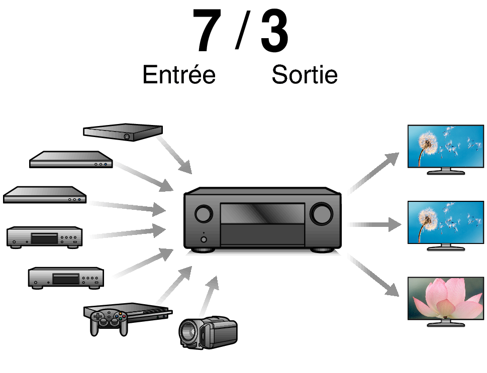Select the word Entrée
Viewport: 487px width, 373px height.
pos(179,75)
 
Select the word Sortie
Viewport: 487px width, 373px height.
pos(304,75)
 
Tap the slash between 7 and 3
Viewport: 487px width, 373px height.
pos(242,31)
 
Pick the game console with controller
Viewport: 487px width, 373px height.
pos(126,317)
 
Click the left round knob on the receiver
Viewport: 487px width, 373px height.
pos(203,214)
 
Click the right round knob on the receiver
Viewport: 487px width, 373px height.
pos(321,214)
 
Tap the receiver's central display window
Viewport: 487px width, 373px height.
pos(262,214)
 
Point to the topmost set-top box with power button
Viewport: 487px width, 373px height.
pos(123,133)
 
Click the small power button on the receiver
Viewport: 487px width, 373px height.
pos(203,239)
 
